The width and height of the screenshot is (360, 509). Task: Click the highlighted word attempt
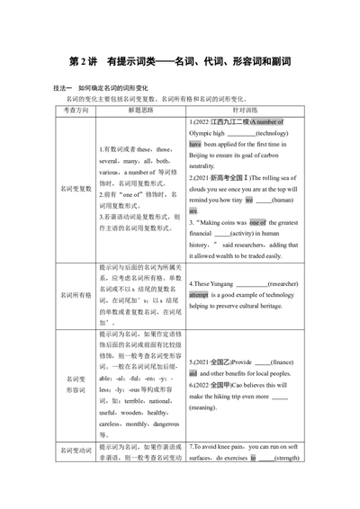tap(199, 294)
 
